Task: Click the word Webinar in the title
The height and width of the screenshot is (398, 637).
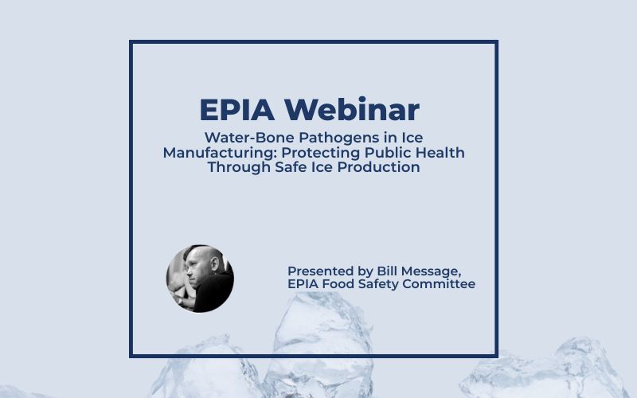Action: click(x=351, y=109)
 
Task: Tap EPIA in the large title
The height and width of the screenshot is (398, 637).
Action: click(x=236, y=110)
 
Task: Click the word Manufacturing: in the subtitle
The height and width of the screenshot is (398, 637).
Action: click(x=221, y=153)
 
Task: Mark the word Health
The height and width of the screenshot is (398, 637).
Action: click(x=434, y=152)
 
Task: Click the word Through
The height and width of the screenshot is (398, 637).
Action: click(x=240, y=167)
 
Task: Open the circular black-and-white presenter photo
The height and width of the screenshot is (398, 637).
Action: click(x=200, y=279)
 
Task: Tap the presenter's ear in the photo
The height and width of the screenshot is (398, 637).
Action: click(x=215, y=264)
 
